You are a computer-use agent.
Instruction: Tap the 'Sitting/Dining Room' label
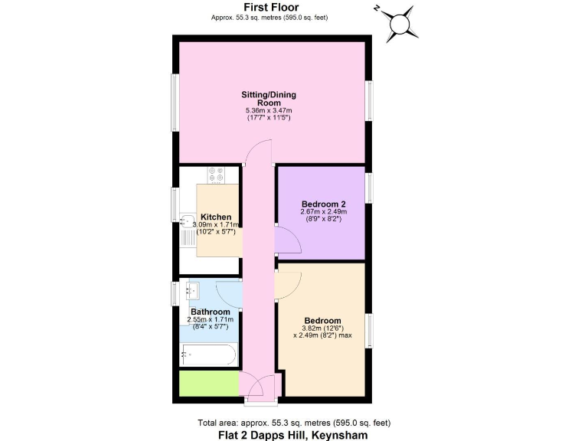click(x=269, y=99)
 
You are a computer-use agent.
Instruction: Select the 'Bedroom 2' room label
click(x=323, y=204)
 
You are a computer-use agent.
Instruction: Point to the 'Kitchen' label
click(x=216, y=217)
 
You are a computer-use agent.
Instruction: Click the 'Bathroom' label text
click(x=210, y=312)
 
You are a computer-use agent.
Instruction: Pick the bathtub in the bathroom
click(x=209, y=355)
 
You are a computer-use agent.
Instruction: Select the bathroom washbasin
click(x=191, y=290)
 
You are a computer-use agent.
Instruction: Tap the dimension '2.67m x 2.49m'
click(x=323, y=212)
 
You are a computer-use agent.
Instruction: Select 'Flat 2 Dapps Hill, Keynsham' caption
click(x=293, y=434)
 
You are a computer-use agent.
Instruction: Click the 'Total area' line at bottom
click(x=293, y=422)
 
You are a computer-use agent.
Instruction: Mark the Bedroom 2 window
click(x=369, y=188)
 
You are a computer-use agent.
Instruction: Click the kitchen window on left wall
click(x=175, y=205)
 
